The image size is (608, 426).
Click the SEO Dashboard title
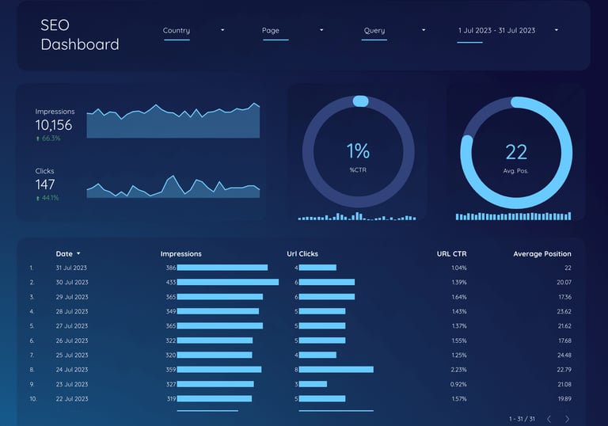[x=79, y=35]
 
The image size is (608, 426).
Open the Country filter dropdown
[x=194, y=31]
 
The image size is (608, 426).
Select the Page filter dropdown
[x=293, y=31]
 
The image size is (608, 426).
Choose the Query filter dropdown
[x=394, y=31]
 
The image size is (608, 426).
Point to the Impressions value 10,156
[x=54, y=125]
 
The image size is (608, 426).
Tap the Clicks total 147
[x=45, y=184]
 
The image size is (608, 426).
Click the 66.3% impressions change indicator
[x=48, y=139]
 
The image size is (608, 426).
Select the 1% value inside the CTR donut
[x=358, y=150]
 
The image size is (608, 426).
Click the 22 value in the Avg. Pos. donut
[x=516, y=151]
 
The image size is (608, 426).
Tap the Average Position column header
[x=542, y=254]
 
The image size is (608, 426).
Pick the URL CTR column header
[x=451, y=254]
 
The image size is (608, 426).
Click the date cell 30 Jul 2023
[x=72, y=283]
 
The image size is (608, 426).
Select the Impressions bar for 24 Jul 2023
[x=219, y=369]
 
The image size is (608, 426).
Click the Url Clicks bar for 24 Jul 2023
[x=336, y=369]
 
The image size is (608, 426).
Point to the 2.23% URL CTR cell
[x=458, y=369]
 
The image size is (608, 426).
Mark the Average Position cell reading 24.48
[x=564, y=355]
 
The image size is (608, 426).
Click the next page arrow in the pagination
[x=567, y=419]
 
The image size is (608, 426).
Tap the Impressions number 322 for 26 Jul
[x=171, y=340]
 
